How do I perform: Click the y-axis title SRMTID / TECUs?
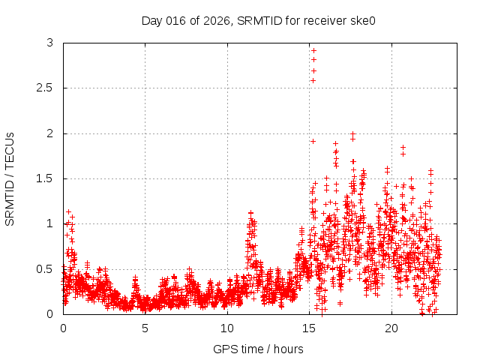click(x=10, y=178)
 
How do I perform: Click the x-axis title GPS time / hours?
click(x=258, y=349)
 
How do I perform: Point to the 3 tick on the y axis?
click(x=50, y=43)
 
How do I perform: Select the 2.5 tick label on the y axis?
click(x=45, y=88)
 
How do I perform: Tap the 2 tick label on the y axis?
click(x=50, y=133)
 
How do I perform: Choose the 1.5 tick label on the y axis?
click(x=45, y=178)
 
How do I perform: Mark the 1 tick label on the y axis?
click(x=50, y=223)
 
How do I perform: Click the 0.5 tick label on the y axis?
click(x=45, y=268)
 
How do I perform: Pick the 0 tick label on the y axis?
click(x=50, y=313)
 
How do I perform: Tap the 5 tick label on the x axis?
click(x=145, y=328)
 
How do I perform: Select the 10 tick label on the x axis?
click(x=227, y=328)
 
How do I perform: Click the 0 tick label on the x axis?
click(x=63, y=328)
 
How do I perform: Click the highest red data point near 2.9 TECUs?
click(x=313, y=50)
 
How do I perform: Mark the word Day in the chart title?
click(x=152, y=20)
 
